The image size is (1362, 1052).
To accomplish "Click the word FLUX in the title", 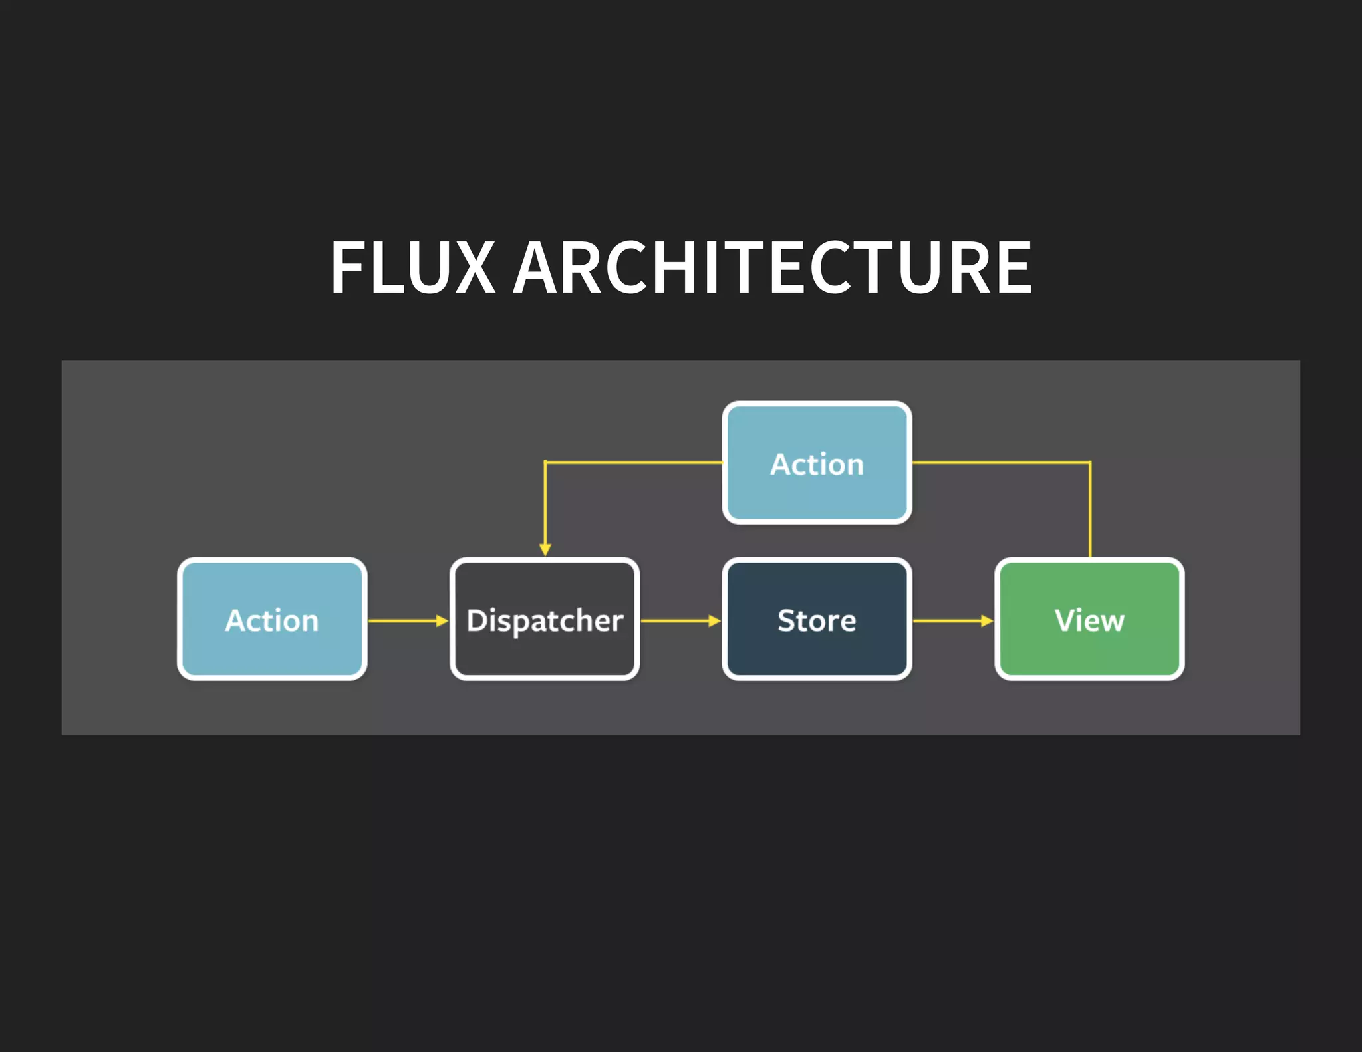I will click(412, 267).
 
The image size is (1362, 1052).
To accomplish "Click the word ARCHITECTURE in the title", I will click(773, 267).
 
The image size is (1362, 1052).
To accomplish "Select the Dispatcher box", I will click(545, 619).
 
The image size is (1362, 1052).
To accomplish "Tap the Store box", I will click(817, 619).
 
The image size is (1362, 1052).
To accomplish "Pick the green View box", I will click(1089, 619).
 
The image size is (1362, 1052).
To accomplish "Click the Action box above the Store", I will click(817, 463).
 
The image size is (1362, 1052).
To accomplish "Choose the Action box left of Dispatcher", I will click(272, 619).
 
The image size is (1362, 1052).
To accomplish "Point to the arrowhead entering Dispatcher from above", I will click(545, 549).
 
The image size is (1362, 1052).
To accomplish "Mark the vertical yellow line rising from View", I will click(1090, 512).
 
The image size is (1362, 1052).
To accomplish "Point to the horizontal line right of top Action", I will click(1001, 461).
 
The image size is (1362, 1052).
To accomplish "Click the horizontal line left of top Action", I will click(632, 461).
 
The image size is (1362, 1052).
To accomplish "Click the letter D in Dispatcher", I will click(477, 620).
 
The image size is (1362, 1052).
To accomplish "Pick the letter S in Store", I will click(787, 620).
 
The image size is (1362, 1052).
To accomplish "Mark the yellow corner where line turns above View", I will click(1090, 462).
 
